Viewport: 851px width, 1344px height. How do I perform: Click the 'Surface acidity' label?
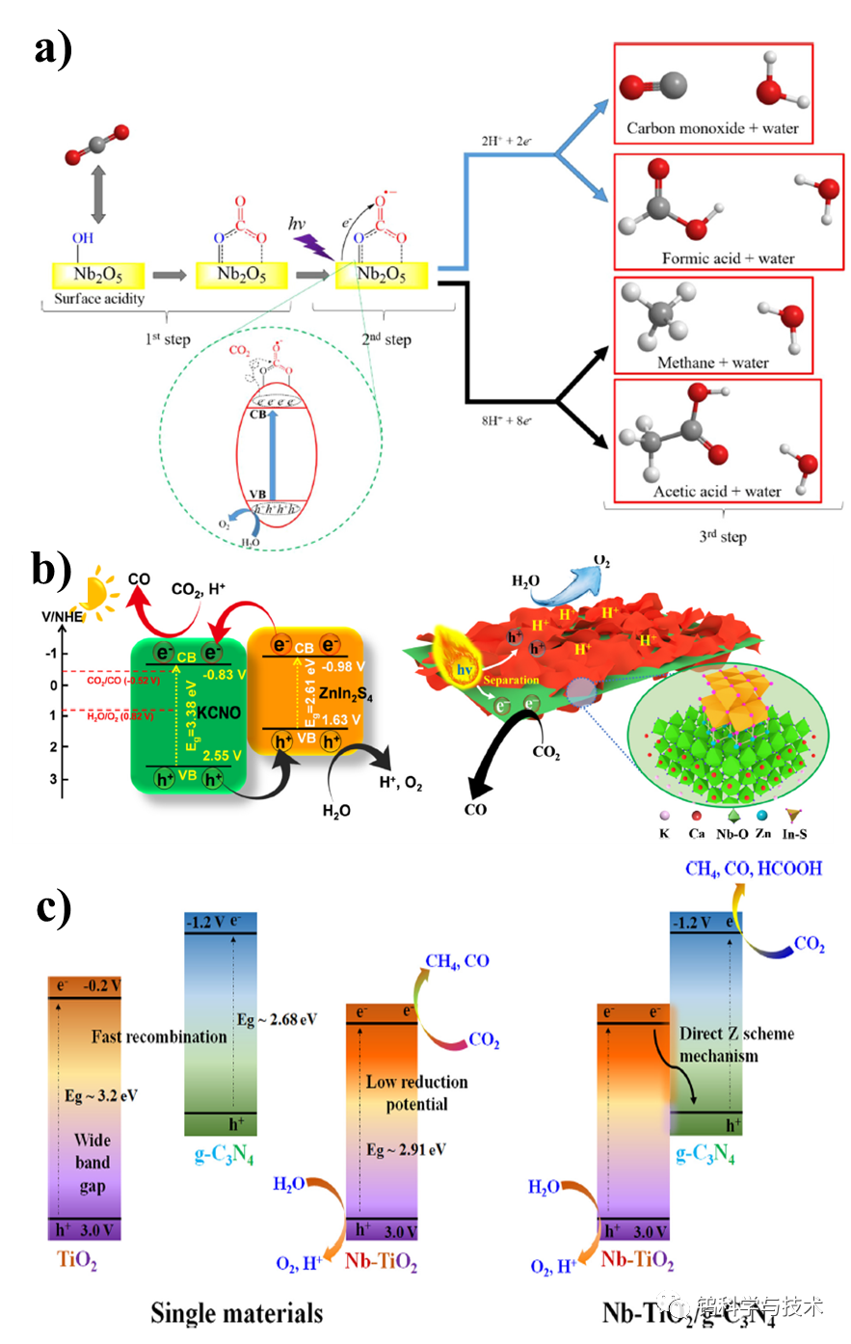tap(99, 298)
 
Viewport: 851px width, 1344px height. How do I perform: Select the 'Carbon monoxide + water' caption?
tap(712, 127)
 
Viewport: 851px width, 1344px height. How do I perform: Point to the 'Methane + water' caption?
tap(713, 363)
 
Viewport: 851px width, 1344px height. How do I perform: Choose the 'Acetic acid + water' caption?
tap(717, 492)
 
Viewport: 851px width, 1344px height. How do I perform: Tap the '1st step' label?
tap(170, 339)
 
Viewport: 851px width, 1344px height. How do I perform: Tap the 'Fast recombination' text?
tap(160, 1036)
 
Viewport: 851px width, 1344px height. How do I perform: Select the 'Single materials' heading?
tap(236, 1312)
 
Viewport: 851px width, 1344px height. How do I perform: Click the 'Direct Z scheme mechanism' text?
tap(737, 1044)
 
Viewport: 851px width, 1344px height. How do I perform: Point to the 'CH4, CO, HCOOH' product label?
tap(754, 869)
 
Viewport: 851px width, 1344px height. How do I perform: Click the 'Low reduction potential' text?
tap(417, 1092)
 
